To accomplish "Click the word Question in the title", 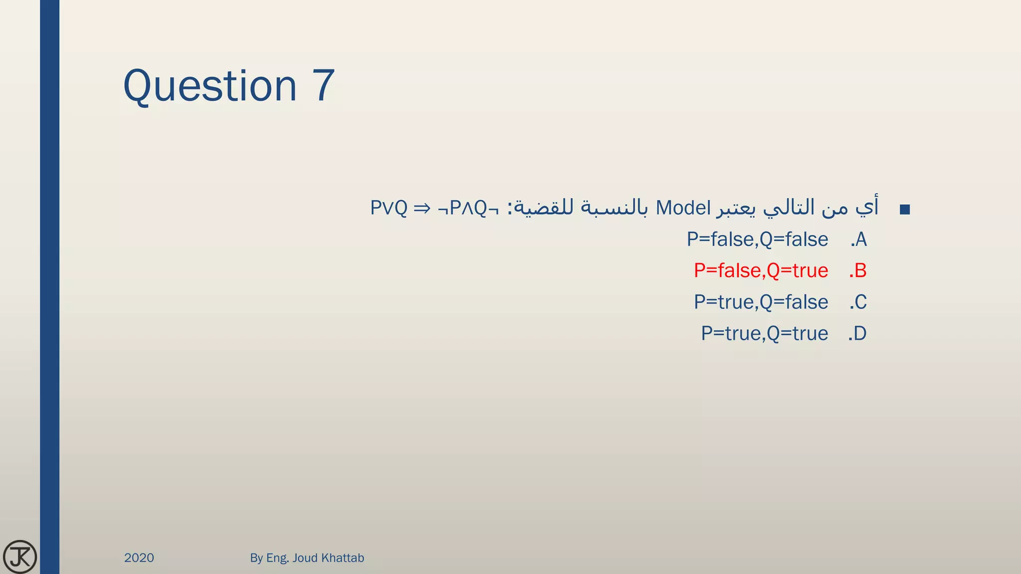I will pyautogui.click(x=210, y=86).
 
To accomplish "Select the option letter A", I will pyautogui.click(x=860, y=240).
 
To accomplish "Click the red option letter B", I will pyautogui.click(x=859, y=271).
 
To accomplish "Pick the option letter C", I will pyautogui.click(x=859, y=302).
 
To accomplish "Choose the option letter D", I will pyautogui.click(x=859, y=334).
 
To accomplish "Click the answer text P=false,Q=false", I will pyautogui.click(x=757, y=240).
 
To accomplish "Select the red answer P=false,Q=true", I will pyautogui.click(x=761, y=271).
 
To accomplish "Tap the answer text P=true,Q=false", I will pyautogui.click(x=761, y=302).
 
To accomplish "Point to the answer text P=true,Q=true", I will pyautogui.click(x=764, y=334).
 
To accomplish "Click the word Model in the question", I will pyautogui.click(x=683, y=208).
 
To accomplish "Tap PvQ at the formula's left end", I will pyautogui.click(x=389, y=208).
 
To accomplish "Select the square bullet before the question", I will pyautogui.click(x=905, y=210).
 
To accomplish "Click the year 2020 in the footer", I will pyautogui.click(x=139, y=558).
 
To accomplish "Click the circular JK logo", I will pyautogui.click(x=20, y=557).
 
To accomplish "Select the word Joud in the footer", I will pyautogui.click(x=305, y=558).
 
